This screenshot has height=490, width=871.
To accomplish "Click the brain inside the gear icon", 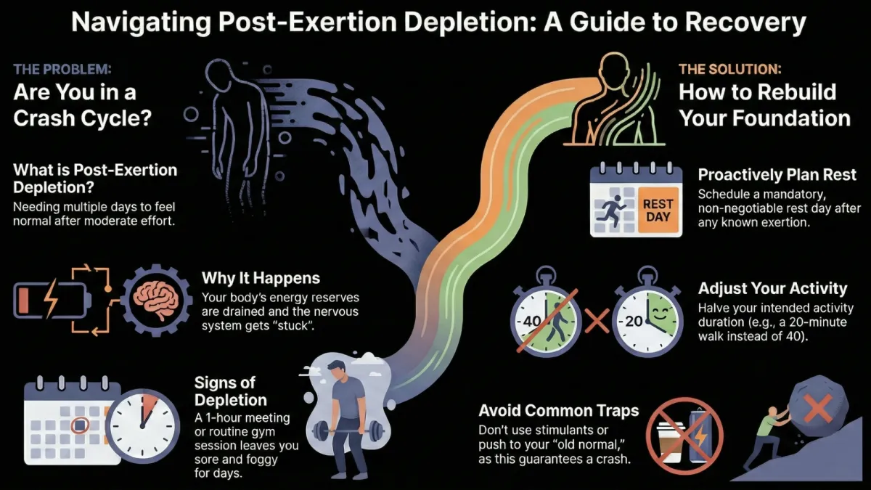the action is [x=156, y=301].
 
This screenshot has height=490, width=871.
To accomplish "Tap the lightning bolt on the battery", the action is [x=51, y=299].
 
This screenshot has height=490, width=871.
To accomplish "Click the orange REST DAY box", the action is [x=658, y=210].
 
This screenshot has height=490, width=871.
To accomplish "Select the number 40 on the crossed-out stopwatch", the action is [x=531, y=321].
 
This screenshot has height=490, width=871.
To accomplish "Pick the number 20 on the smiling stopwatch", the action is [x=634, y=321].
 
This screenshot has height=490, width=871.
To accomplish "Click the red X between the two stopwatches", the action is [x=597, y=321].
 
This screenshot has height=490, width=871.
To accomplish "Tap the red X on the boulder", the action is [x=817, y=407].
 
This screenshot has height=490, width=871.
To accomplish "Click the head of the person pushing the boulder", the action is [x=772, y=412].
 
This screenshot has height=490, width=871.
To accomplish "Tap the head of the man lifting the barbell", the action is [x=336, y=369].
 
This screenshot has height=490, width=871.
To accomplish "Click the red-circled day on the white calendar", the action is [x=80, y=425].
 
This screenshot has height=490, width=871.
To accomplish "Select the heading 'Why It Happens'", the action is [x=261, y=277].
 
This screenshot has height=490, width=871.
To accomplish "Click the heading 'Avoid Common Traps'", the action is [x=558, y=410].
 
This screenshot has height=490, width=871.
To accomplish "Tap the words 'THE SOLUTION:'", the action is [x=730, y=69].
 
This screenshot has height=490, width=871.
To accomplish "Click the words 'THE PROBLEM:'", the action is [x=62, y=69].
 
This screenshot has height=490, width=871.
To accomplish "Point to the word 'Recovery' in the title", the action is [x=745, y=22].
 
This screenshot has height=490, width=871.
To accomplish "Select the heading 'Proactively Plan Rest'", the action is [x=777, y=175].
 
